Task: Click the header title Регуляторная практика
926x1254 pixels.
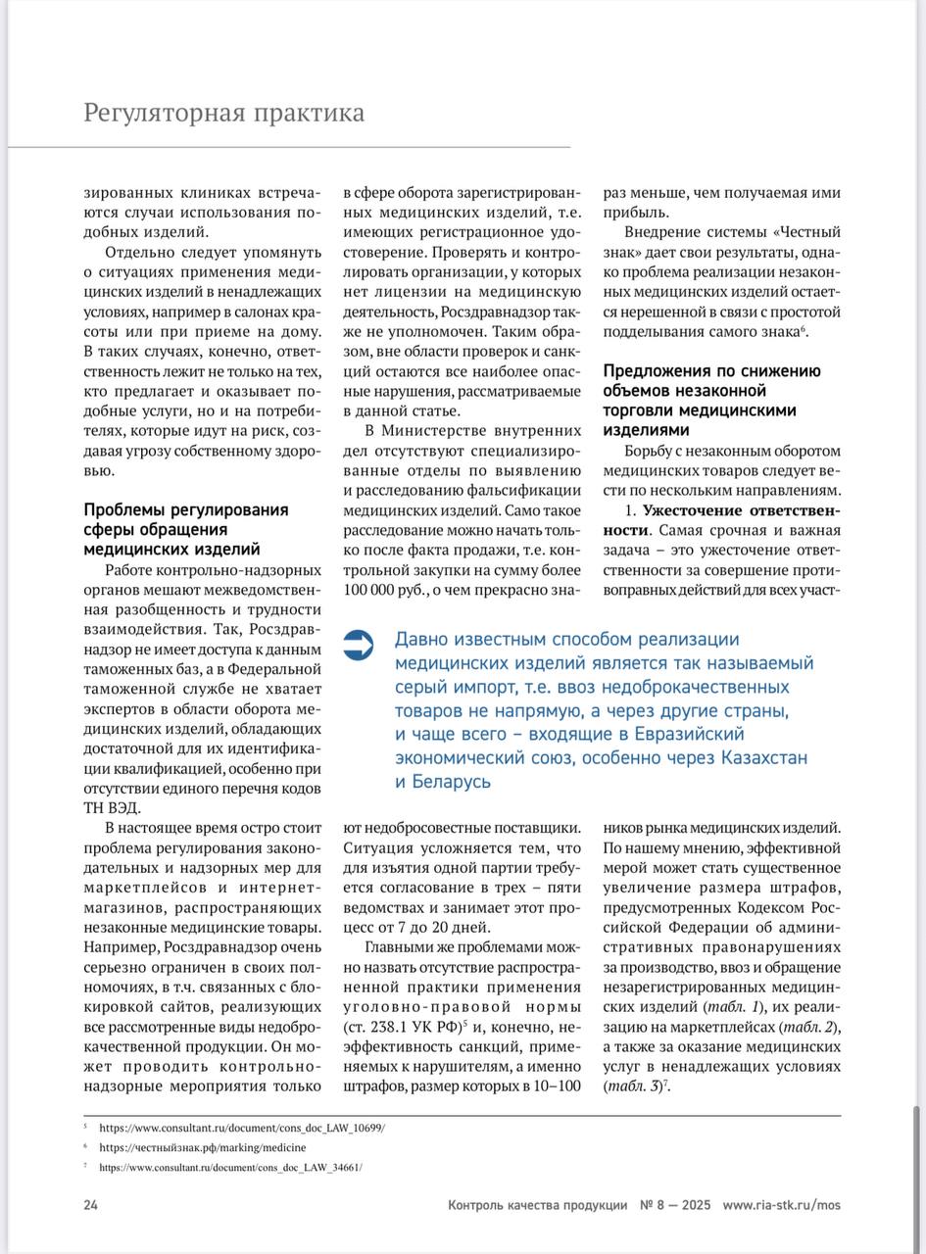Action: pos(223,113)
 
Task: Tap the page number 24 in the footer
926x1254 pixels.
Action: pos(90,1205)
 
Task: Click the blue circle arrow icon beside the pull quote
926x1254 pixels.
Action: pos(359,644)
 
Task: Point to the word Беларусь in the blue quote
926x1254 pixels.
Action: pos(443,783)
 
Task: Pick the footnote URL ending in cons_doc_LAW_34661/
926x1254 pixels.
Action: pos(230,1168)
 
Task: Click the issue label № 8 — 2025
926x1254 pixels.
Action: pos(675,1205)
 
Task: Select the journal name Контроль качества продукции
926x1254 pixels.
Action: pos(537,1205)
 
